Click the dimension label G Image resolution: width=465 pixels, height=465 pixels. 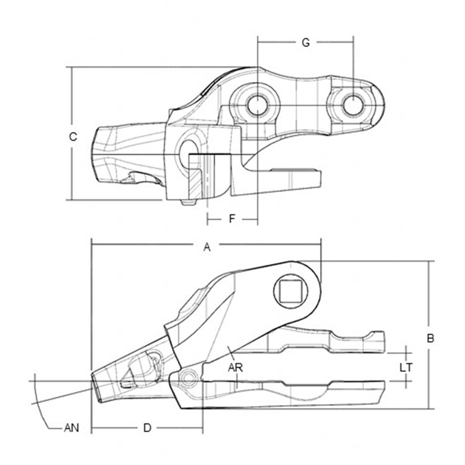click(306, 43)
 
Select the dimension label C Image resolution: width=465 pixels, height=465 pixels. click(73, 136)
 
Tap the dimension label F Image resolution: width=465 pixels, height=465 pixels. click(232, 219)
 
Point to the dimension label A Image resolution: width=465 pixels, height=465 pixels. click(207, 247)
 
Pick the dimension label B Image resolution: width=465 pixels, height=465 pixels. click(430, 338)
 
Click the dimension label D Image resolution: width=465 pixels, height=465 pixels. click(147, 427)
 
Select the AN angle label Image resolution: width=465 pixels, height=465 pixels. click(71, 427)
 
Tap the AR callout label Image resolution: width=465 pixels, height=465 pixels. click(236, 367)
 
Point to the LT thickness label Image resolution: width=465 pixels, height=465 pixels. click(406, 367)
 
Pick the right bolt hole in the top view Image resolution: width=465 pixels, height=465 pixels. click(353, 104)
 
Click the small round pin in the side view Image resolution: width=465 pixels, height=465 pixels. click(188, 376)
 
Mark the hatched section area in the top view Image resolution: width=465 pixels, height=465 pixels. click(195, 182)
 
